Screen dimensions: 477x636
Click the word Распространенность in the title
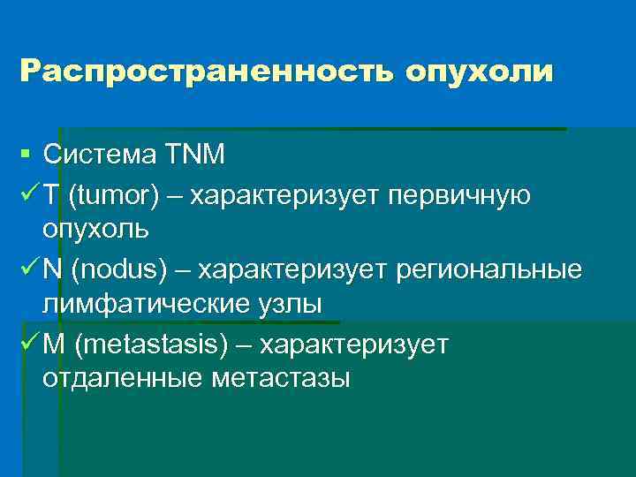(x=207, y=71)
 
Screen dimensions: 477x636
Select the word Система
(x=98, y=155)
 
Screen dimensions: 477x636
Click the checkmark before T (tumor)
(x=27, y=193)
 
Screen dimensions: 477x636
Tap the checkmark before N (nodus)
(x=27, y=269)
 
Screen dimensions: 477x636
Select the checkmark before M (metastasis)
(x=27, y=343)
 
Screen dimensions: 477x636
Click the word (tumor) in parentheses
(x=114, y=194)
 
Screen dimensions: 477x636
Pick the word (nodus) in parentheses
(x=119, y=269)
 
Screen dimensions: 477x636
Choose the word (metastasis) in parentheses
(x=156, y=344)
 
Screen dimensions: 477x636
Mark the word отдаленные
(x=121, y=379)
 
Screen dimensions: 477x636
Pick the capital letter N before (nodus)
(x=51, y=269)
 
